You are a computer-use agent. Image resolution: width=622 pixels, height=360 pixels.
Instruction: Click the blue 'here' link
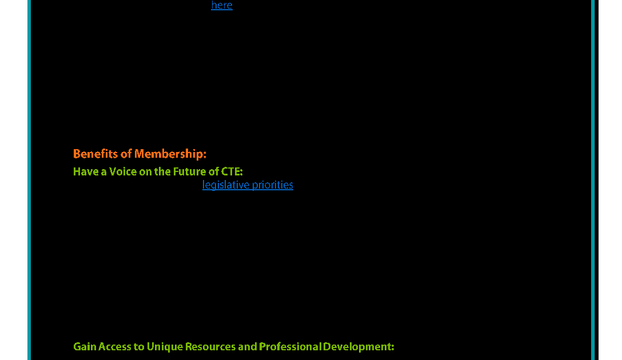pyautogui.click(x=222, y=5)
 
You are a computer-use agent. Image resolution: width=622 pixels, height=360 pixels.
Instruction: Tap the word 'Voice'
pyautogui.click(x=123, y=171)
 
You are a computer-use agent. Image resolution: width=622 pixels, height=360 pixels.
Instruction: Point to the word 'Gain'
pyautogui.click(x=85, y=346)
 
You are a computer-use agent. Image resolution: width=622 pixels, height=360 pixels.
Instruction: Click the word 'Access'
pyautogui.click(x=115, y=346)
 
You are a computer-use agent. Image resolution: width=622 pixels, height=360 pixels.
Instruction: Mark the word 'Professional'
pyautogui.click(x=290, y=346)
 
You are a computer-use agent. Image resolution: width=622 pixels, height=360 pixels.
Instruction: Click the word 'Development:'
pyautogui.click(x=358, y=347)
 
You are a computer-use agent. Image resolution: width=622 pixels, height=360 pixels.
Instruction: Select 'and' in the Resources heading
pyautogui.click(x=248, y=346)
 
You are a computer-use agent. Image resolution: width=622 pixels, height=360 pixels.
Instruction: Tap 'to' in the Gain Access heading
pyautogui.click(x=139, y=347)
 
